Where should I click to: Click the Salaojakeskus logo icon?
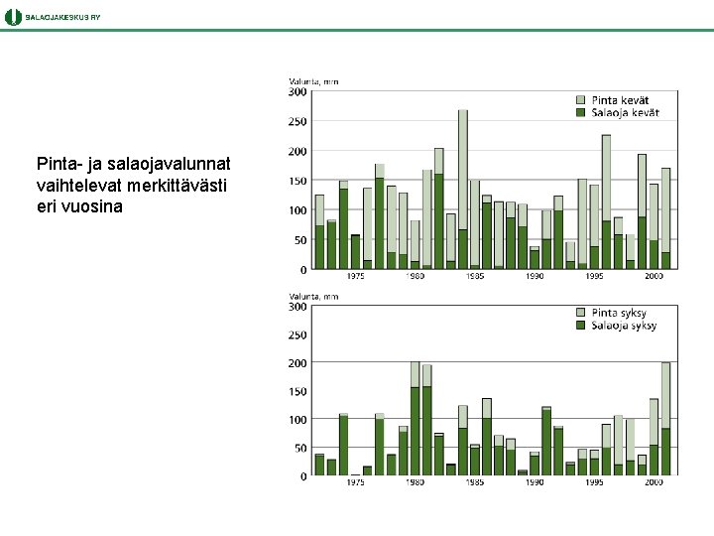click(x=13, y=17)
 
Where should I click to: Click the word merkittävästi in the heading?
click(x=177, y=186)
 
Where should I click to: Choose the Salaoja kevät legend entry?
click(x=618, y=112)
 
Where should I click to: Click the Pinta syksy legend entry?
click(x=612, y=313)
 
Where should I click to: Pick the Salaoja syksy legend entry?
click(x=617, y=326)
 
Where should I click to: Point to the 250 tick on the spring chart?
click(x=297, y=121)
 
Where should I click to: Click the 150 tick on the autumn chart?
click(x=297, y=391)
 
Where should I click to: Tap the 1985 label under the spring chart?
click(x=474, y=276)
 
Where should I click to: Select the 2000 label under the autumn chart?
click(x=654, y=481)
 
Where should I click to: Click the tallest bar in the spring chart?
click(x=463, y=190)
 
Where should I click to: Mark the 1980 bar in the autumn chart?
click(x=415, y=419)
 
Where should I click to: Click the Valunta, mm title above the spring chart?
click(x=313, y=81)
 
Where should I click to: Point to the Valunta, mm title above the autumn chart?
click(x=313, y=296)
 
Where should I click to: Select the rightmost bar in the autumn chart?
click(x=665, y=419)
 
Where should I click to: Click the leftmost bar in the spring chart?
click(x=319, y=232)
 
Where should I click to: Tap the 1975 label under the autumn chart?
click(x=355, y=481)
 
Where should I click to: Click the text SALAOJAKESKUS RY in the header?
click(x=62, y=17)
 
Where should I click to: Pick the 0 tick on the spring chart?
click(x=303, y=270)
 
